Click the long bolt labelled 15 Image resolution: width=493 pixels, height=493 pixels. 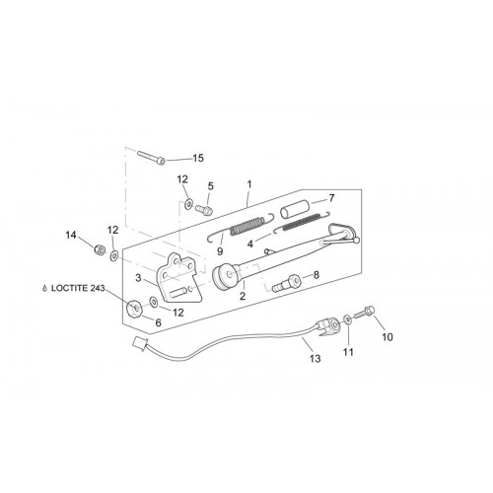151,158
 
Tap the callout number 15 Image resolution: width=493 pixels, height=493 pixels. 198,158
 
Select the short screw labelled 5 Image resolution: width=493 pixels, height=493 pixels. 204,209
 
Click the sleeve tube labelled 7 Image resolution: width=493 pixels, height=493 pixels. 294,209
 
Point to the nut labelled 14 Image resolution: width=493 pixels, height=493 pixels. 99,249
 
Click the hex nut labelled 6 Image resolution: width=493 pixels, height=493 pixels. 135,309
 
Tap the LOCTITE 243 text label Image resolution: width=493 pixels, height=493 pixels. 78,288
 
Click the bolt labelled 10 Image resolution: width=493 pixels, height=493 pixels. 365,312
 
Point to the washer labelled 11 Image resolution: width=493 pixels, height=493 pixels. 347,318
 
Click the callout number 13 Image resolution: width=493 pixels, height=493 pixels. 315,358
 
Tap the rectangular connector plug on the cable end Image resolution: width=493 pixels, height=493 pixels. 140,343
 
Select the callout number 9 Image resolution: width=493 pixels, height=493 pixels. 220,251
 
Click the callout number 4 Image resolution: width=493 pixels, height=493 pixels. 250,244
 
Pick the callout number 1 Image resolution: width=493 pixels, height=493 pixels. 249,184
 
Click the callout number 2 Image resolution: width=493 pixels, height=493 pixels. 243,296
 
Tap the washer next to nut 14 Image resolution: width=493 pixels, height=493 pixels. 114,255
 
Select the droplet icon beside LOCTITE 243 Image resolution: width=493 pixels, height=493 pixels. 45,289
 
